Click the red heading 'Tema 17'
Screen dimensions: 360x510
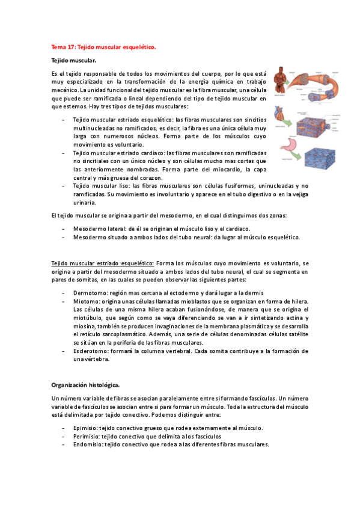coord(63,46)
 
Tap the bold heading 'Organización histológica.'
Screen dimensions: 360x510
coord(85,383)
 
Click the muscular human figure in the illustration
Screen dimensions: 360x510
coord(278,83)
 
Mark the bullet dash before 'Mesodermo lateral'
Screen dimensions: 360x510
coord(64,229)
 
